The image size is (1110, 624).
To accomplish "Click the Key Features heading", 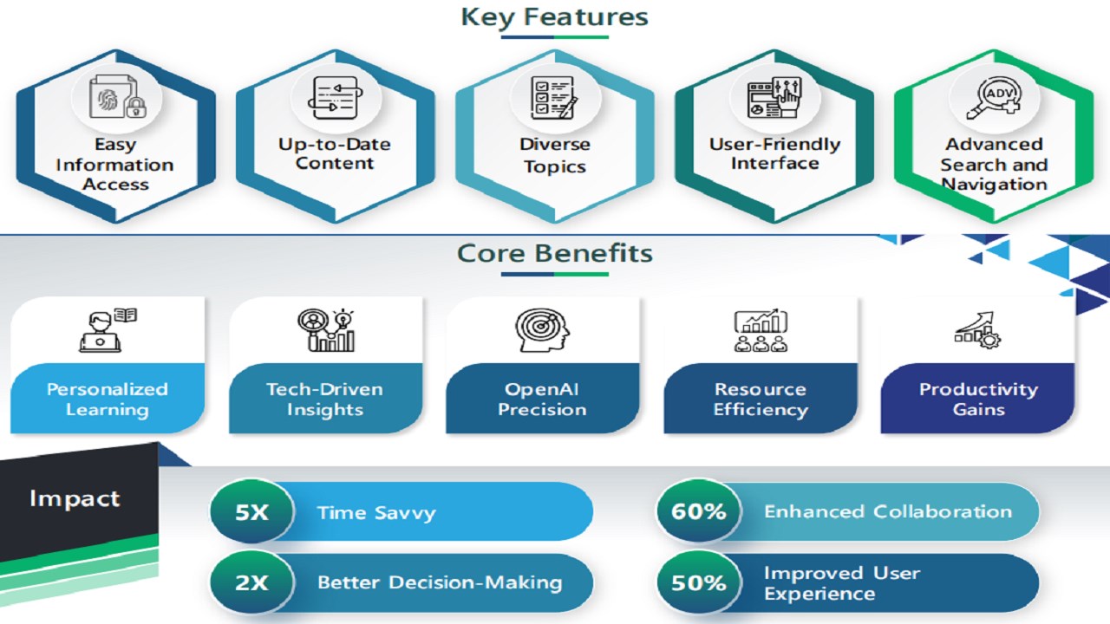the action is [x=554, y=16].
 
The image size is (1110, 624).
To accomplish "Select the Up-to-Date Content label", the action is [x=335, y=153].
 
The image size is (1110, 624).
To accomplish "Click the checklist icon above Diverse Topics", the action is [x=554, y=97].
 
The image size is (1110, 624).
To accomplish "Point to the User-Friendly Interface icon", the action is [x=774, y=97].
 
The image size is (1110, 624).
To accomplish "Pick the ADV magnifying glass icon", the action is [x=994, y=97].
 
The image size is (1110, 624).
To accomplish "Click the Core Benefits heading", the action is [x=554, y=253].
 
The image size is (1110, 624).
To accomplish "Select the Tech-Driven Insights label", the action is [x=325, y=400].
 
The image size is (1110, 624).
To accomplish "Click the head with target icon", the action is [x=542, y=330].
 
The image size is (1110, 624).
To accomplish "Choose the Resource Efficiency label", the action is [x=761, y=400].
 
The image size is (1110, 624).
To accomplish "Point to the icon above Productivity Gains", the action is [x=978, y=330].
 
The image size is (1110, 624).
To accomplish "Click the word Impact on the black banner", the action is [x=75, y=498].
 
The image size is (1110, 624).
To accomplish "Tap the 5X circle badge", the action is [x=251, y=511].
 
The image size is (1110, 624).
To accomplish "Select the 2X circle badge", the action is [x=251, y=582].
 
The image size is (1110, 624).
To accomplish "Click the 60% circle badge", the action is [x=699, y=511].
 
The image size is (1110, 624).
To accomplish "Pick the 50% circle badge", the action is [x=699, y=582].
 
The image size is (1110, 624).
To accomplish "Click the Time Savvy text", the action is [x=376, y=512].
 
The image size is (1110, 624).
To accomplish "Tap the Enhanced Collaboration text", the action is [x=888, y=511].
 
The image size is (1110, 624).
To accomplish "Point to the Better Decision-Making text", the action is [x=440, y=582].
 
